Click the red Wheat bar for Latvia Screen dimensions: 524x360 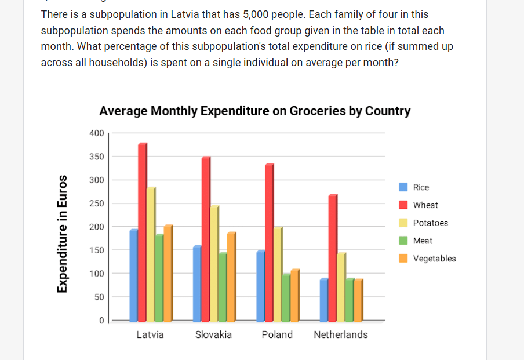pos(143,232)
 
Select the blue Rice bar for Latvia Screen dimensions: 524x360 pos(134,275)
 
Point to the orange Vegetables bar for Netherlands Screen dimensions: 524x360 pos(358,300)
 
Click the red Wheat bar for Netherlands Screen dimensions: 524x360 pos(333,258)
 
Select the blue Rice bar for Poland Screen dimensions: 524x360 pos(261,286)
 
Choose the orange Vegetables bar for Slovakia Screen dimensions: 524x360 pos(232,277)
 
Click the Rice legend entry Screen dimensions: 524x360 pos(414,187)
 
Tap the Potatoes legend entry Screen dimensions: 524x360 pos(423,223)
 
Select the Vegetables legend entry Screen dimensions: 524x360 pos(427,259)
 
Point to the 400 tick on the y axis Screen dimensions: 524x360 pos(97,133)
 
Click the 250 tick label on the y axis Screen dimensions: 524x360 pos(97,203)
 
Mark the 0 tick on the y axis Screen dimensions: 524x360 pos(101,320)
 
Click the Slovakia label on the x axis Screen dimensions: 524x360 pos(213,334)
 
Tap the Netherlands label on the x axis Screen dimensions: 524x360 pos(341,334)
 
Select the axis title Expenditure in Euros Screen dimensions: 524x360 pos(62,234)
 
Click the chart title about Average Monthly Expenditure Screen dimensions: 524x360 pos(255,111)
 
